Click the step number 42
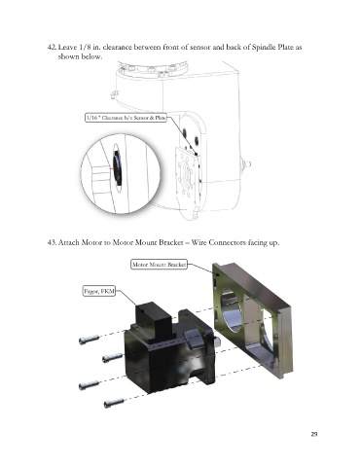tap(52, 48)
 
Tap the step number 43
tap(52, 242)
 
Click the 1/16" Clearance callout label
tap(126, 118)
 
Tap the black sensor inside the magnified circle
tap(117, 169)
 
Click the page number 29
tap(313, 434)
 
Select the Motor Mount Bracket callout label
tap(159, 265)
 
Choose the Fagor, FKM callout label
tap(99, 291)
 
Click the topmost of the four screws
tap(89, 340)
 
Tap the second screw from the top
tap(113, 358)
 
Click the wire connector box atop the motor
tap(153, 318)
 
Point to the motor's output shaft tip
tap(218, 341)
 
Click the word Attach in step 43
tap(69, 242)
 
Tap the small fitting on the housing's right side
tap(245, 163)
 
